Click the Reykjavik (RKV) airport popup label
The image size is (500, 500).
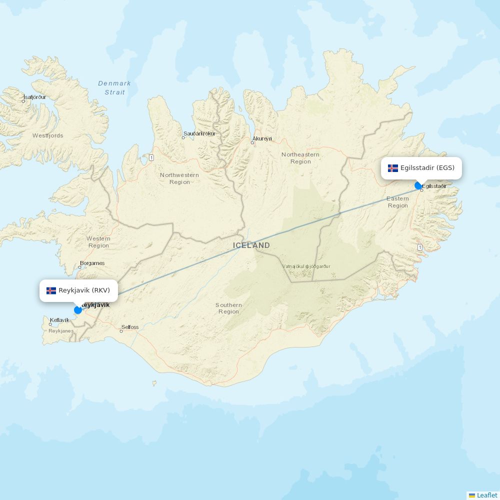[78, 290]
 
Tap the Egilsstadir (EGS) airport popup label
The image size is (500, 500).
[421, 168]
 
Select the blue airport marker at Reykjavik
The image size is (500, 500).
[78, 310]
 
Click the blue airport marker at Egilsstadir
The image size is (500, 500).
[418, 186]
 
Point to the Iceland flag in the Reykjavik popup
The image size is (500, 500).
[51, 290]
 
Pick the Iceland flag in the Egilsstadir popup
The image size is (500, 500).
[393, 168]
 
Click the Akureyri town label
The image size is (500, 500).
[262, 138]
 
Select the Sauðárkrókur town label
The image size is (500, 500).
[199, 133]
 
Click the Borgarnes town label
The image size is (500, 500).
[92, 263]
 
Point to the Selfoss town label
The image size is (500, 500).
[130, 327]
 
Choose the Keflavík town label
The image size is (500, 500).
[59, 320]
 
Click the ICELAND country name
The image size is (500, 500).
[251, 245]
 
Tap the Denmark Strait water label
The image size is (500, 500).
[114, 87]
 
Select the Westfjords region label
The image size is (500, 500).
[48, 135]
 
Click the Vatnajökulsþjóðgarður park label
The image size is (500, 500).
[306, 266]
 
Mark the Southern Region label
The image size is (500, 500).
[228, 308]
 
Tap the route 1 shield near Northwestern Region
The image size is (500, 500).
[151, 158]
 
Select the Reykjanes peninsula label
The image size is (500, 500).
[61, 331]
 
